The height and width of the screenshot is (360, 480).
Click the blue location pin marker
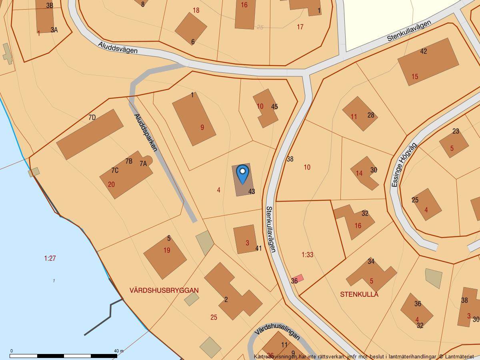(242, 174)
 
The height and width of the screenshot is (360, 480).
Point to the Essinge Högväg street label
(404, 165)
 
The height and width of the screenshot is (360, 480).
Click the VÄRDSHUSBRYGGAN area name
(164, 290)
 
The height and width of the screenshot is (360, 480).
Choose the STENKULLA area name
(359, 294)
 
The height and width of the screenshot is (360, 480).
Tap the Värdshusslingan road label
(277, 331)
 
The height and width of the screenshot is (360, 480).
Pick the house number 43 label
(252, 192)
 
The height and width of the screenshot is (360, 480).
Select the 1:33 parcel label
(307, 254)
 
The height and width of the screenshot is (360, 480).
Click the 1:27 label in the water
(50, 258)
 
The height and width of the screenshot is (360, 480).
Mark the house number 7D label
(92, 117)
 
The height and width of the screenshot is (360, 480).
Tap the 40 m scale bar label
(119, 351)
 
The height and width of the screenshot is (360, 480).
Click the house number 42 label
(424, 51)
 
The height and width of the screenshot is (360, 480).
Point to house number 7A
(143, 163)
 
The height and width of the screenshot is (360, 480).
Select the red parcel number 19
(167, 250)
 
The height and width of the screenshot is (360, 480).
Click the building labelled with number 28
(360, 114)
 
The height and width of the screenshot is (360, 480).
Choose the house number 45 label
(274, 107)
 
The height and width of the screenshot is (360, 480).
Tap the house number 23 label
(456, 131)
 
